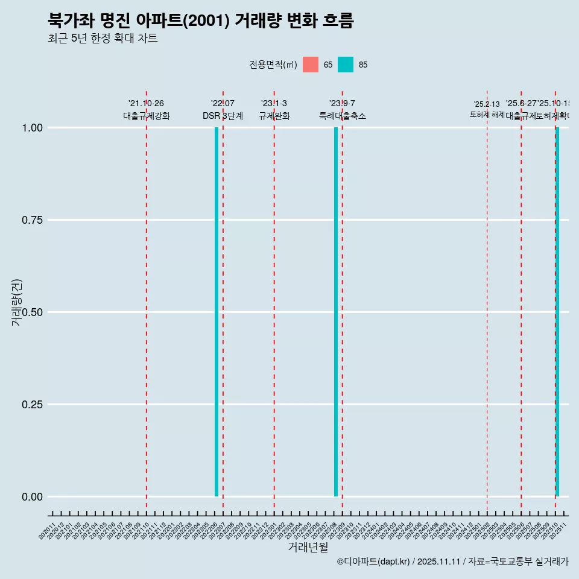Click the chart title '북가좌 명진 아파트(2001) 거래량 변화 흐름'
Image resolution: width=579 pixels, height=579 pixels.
point(201,21)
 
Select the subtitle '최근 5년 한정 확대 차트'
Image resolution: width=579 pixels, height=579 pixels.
point(103,39)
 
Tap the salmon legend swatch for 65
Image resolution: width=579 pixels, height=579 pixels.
point(311,65)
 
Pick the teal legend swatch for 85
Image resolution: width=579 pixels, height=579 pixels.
point(346,65)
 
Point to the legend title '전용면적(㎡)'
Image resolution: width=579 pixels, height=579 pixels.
point(273,65)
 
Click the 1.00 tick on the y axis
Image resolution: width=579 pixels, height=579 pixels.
point(32,128)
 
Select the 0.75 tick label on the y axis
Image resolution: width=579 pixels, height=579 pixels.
point(32,220)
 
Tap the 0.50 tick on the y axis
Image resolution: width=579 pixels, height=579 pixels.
point(32,312)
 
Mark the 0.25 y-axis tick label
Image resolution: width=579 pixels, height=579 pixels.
point(32,405)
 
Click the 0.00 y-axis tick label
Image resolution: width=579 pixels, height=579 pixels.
point(32,497)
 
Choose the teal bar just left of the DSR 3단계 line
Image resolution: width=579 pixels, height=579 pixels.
point(217,312)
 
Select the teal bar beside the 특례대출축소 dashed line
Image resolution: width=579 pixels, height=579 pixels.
point(336,312)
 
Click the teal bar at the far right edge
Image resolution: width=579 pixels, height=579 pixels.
point(557,312)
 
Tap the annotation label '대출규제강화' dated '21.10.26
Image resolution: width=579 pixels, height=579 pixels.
point(147,116)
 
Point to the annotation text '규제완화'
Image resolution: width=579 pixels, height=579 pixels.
point(274,116)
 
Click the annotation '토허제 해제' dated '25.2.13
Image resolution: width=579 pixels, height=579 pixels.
point(487,115)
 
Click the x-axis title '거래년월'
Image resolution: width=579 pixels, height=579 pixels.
point(308,548)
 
